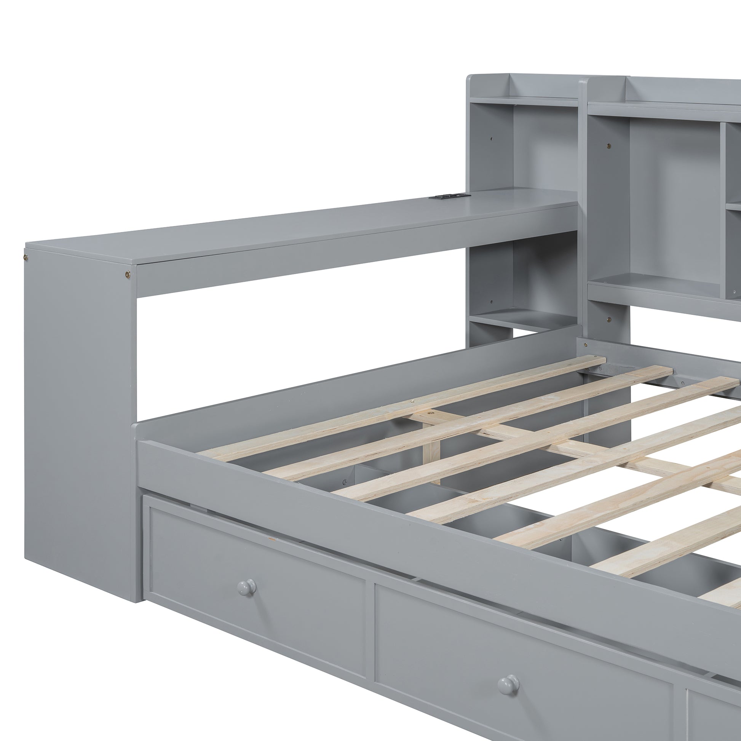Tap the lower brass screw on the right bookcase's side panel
pyautogui.click(x=610, y=318)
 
